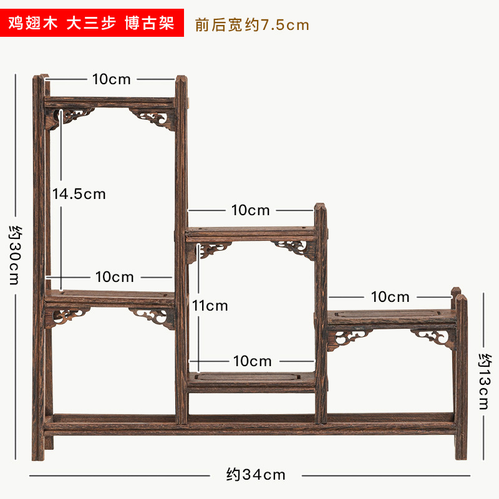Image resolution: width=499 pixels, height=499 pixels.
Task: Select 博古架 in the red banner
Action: point(150,24)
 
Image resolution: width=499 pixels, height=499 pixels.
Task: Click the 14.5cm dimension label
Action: point(79,194)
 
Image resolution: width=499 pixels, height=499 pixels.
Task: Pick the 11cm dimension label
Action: point(210,306)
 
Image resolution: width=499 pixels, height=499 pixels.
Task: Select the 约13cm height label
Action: point(486,381)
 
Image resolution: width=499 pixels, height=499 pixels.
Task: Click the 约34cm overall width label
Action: point(255,475)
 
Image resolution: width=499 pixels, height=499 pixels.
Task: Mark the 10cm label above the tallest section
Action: point(112,79)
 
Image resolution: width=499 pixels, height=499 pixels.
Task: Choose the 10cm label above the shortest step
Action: point(390,297)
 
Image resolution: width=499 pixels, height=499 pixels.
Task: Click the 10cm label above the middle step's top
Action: point(251,210)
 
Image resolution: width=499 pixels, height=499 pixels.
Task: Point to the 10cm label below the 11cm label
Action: point(252,361)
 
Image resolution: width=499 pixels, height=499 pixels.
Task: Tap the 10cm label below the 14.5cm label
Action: point(115,276)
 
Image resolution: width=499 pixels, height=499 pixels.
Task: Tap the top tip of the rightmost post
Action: point(460,297)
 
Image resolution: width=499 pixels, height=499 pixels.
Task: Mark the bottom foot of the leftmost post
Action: point(39,455)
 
